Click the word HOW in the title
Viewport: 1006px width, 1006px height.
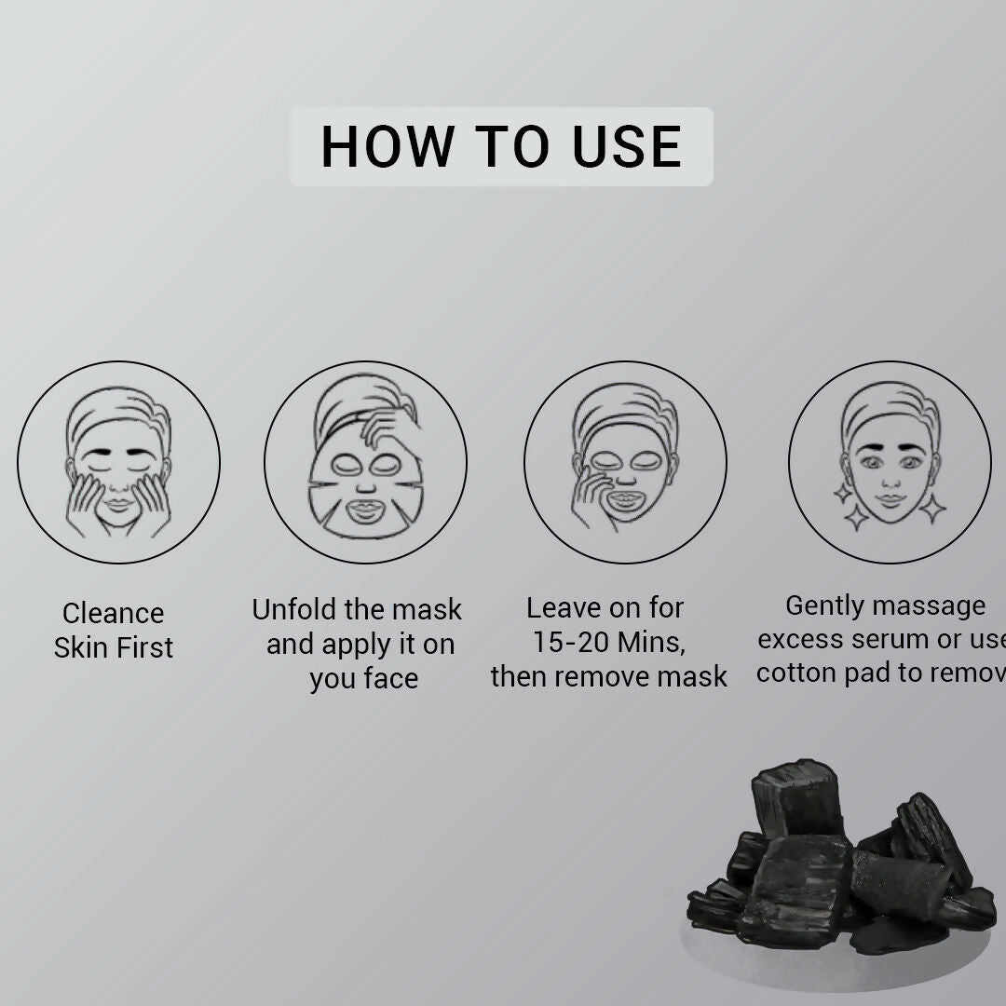(387, 147)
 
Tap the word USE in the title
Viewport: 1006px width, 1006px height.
(627, 147)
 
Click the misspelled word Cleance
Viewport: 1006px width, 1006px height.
(113, 613)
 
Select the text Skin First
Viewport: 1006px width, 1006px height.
(113, 647)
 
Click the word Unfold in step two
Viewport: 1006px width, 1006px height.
(294, 609)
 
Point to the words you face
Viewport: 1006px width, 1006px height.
(363, 679)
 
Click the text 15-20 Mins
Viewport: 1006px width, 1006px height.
(608, 642)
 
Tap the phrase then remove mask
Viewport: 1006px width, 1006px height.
(608, 676)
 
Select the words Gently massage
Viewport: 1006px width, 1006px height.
(885, 605)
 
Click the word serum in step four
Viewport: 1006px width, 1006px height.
(890, 639)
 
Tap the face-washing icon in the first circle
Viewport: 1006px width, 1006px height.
(118, 463)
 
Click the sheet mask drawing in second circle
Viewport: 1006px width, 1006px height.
(365, 484)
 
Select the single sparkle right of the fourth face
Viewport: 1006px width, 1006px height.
(932, 508)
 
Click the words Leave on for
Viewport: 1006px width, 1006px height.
(605, 608)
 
